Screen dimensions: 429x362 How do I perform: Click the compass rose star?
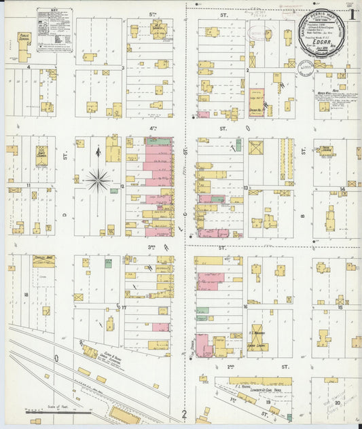point(98,180)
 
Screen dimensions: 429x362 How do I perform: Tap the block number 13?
point(246,188)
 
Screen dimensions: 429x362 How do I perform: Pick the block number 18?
point(26,295)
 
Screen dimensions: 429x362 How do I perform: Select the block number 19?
point(268,403)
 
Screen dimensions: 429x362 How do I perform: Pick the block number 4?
point(29,67)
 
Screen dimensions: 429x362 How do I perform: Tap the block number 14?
point(343,189)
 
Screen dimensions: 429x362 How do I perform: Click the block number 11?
point(29,185)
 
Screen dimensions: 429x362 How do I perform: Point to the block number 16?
point(245,307)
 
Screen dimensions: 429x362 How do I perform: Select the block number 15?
point(339,307)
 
